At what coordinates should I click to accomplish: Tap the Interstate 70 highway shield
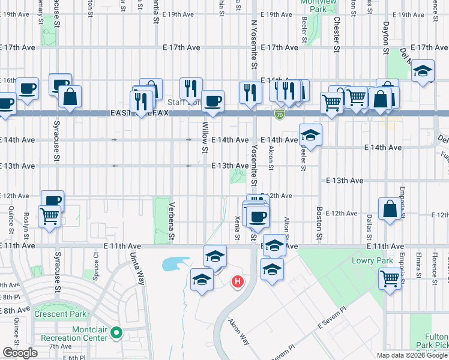tap(279, 113)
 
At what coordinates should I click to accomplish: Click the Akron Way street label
tap(238, 331)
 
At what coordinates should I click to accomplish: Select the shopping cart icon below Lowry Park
tap(390, 278)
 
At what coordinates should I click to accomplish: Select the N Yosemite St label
tap(254, 45)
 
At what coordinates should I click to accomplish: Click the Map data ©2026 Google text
tap(412, 355)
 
